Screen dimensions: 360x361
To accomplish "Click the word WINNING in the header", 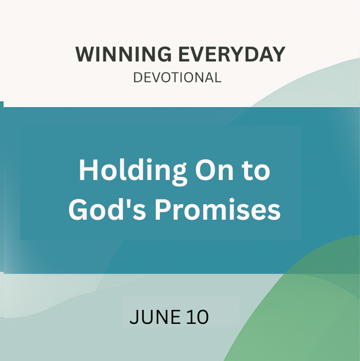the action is (x=123, y=54).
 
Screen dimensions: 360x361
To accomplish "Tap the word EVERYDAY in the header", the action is (x=232, y=54).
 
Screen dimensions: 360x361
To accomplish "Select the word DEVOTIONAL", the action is (x=177, y=77).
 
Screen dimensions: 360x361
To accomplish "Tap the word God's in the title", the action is (x=107, y=209).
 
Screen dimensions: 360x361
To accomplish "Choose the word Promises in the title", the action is (x=218, y=209).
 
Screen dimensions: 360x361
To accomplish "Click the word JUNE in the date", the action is (x=155, y=317).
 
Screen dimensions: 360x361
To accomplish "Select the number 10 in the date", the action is (x=198, y=317).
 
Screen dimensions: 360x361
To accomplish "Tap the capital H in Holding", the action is (x=88, y=170).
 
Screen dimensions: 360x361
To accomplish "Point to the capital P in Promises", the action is (x=163, y=210).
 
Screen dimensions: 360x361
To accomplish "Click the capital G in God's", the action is (x=78, y=210).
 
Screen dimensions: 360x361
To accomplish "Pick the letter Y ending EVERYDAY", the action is (x=278, y=54).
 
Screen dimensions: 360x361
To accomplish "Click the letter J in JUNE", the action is (x=134, y=317).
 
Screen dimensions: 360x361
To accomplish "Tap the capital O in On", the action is (x=205, y=170).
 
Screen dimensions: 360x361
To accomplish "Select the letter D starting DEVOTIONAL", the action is (x=138, y=77).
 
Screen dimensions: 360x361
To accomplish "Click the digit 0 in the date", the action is (x=202, y=317).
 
